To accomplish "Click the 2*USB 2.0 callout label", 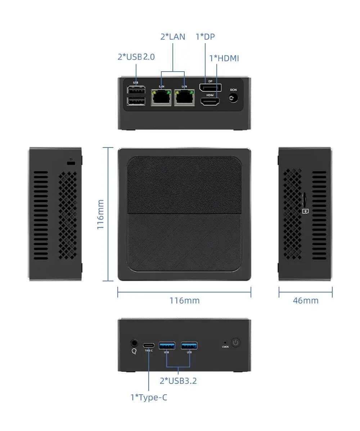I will coord(136,57).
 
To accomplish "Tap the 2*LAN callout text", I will coord(173,36).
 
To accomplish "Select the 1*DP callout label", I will coord(205,36).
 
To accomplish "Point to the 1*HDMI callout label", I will coord(224,58).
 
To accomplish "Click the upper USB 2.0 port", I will coord(136,90).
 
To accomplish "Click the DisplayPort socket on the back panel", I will coord(210,88).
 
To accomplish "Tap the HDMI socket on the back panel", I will coord(210,102).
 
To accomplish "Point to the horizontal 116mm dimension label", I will coord(184,300).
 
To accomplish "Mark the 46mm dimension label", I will coord(306,300).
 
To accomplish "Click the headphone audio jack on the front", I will coord(134,343).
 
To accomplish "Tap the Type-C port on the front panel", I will coord(149,345).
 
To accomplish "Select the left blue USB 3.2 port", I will coord(167,346).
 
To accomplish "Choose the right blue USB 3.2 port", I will coord(189,346).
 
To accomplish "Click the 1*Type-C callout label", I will coord(149,398).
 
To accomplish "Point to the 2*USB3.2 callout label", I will coord(178,381).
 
